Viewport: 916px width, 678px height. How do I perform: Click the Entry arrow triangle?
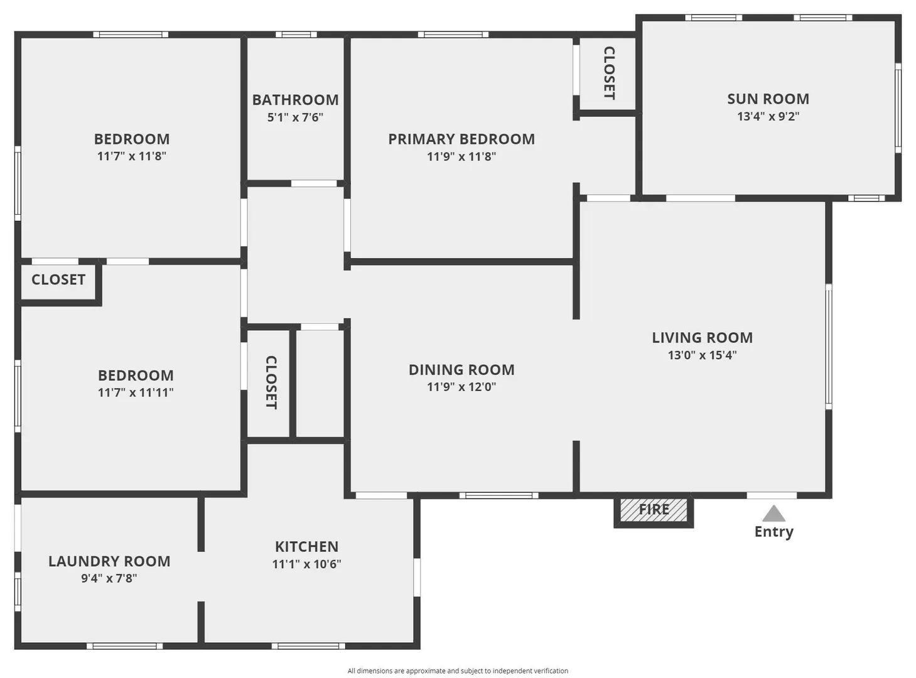pos(773,514)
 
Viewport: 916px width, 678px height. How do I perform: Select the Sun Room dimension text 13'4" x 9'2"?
pos(768,116)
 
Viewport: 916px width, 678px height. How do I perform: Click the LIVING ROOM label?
pos(702,338)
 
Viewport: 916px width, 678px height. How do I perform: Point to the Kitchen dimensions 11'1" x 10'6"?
pos(306,564)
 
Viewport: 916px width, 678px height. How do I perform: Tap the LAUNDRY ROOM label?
pos(109,561)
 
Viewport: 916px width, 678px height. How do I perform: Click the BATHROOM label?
pos(295,100)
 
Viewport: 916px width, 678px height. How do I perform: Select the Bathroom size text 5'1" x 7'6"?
pos(295,117)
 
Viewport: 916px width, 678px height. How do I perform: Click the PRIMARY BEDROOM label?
pos(461,139)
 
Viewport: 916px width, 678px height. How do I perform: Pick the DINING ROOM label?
pos(461,370)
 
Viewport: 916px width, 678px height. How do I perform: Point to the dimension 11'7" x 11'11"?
pos(136,392)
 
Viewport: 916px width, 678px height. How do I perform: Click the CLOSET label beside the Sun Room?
pos(609,73)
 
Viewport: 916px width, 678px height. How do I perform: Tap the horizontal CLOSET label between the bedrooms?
pos(58,279)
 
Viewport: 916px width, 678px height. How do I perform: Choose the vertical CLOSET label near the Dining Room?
pos(271,382)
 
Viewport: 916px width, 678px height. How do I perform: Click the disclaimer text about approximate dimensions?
pos(458,671)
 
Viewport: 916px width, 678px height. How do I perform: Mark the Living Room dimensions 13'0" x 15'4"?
pos(702,355)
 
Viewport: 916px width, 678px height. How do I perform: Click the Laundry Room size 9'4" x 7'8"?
pos(109,578)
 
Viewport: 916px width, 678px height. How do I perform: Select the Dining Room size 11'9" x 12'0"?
pos(461,387)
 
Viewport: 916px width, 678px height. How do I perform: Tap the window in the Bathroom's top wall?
pos(296,35)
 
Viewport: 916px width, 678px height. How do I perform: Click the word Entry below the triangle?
pos(773,532)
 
